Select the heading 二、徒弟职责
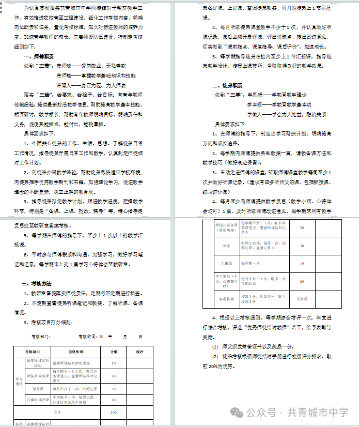tap(227, 85)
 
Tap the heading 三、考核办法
tap(36, 284)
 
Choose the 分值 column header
tap(114, 352)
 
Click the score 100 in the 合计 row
tap(114, 413)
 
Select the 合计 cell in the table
tap(57, 413)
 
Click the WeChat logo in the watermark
tap(238, 412)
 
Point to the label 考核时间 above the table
tap(88, 337)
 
